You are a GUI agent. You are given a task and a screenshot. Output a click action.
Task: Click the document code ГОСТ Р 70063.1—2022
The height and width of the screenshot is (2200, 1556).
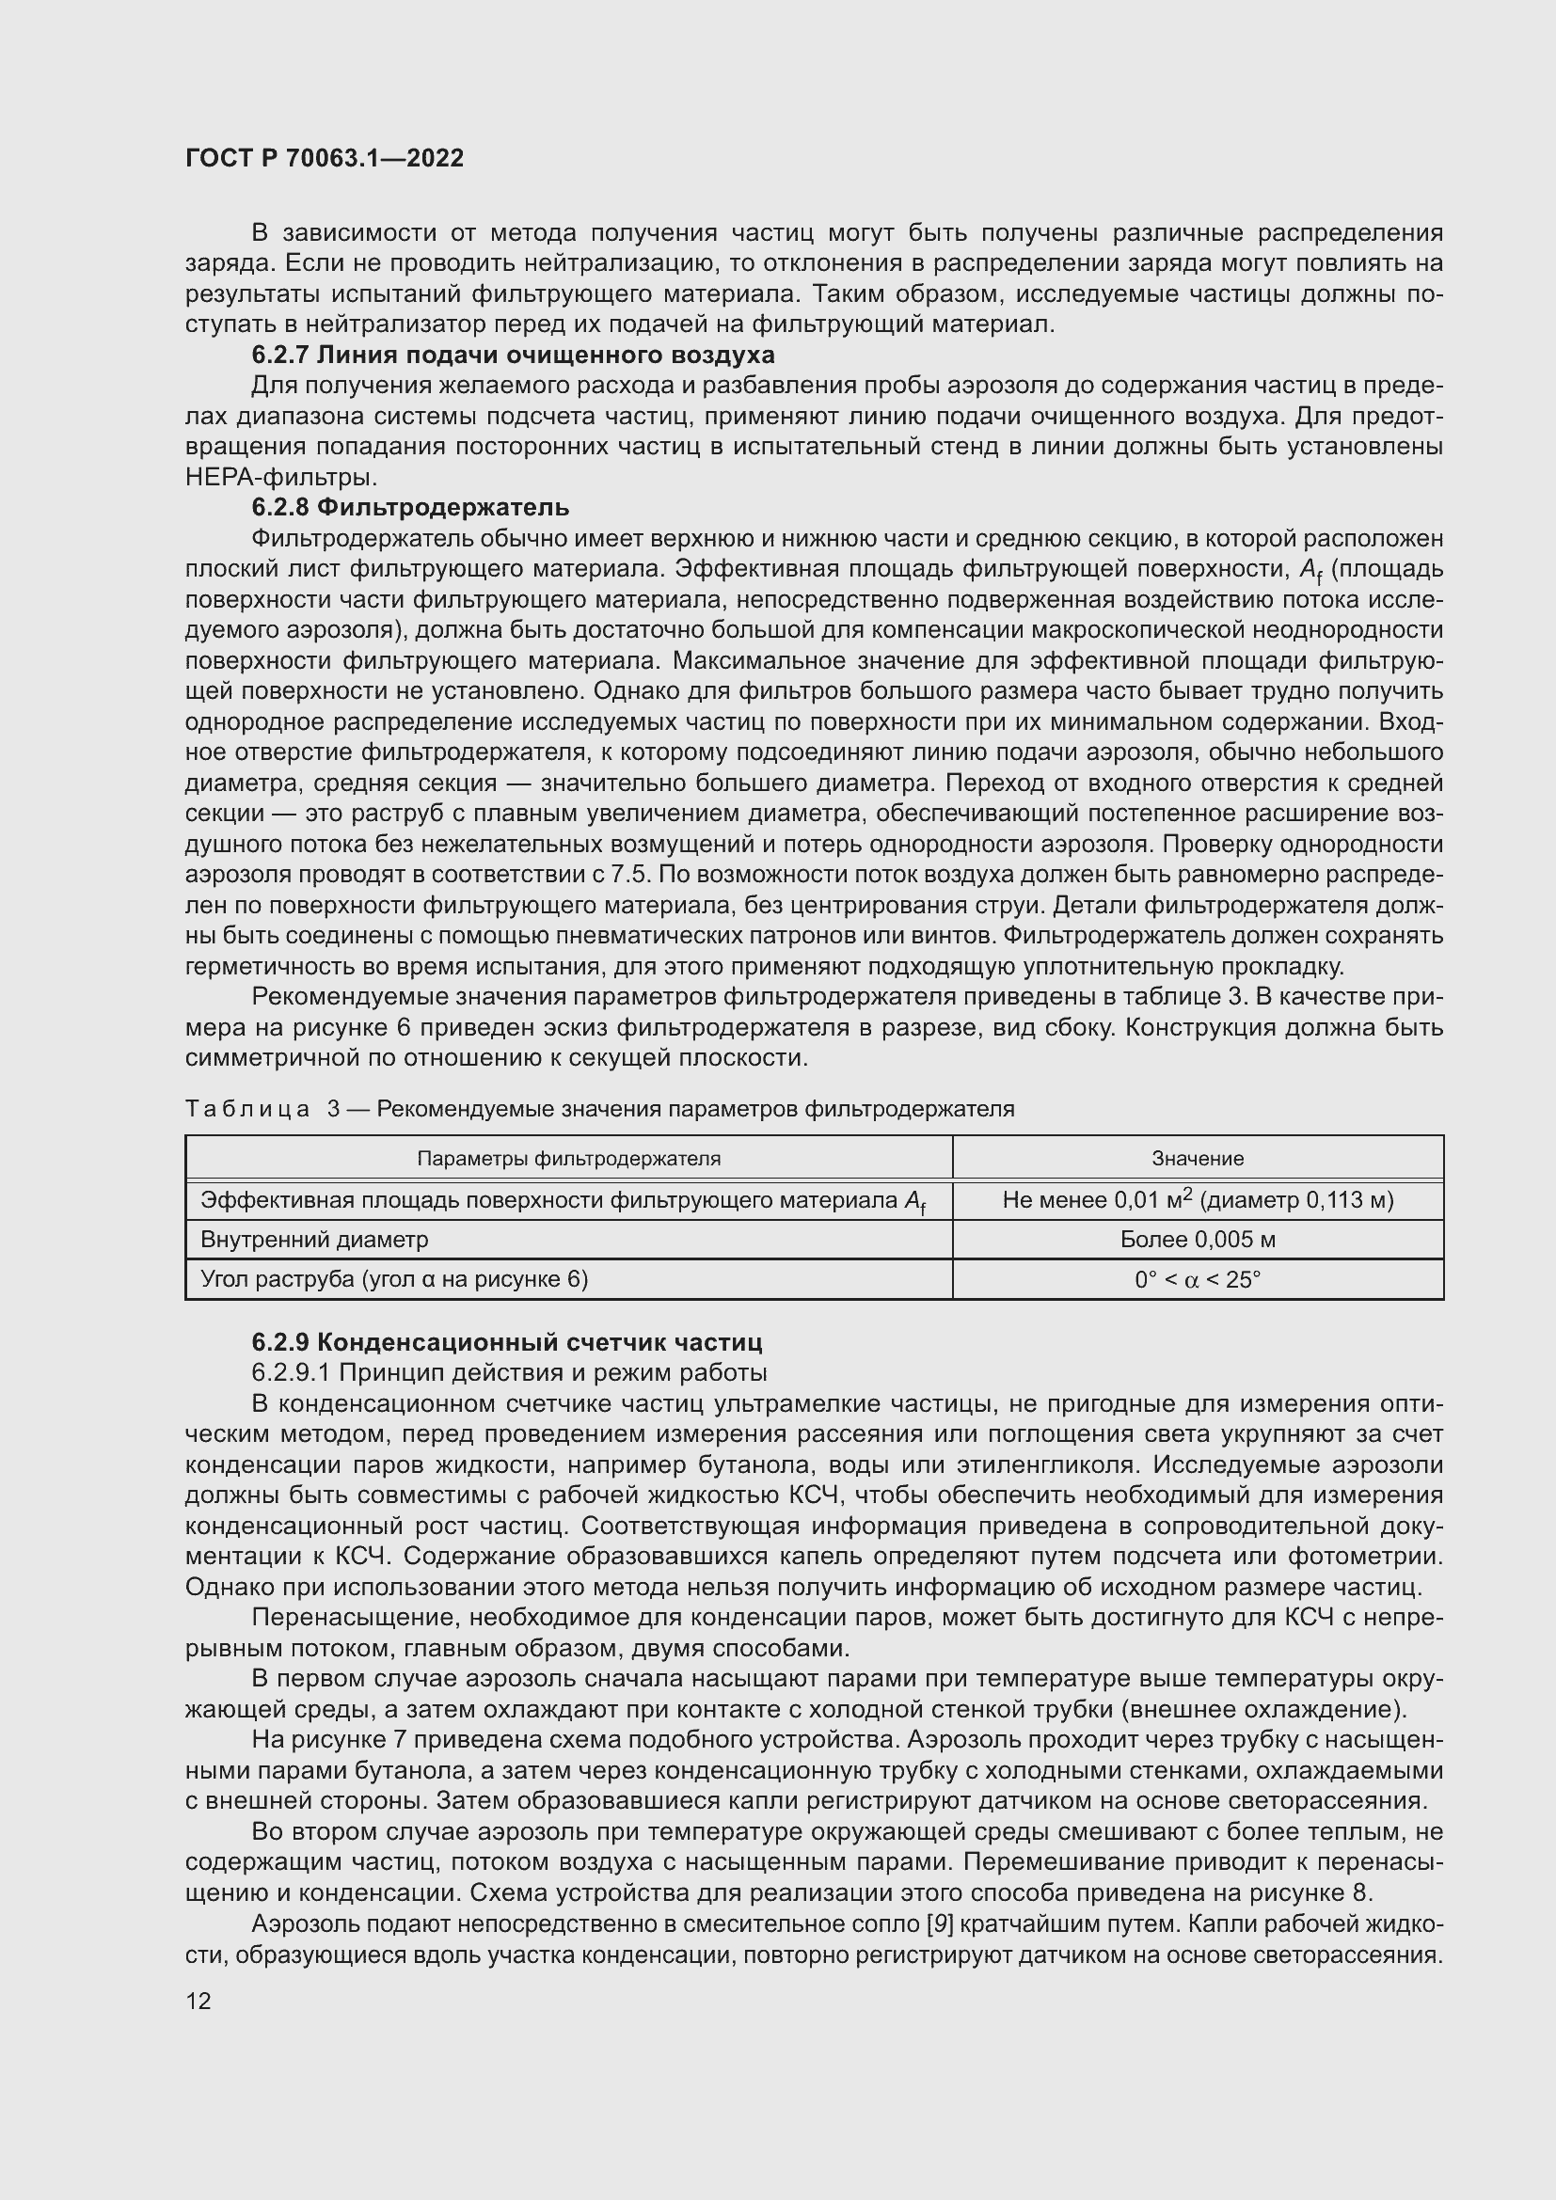324,158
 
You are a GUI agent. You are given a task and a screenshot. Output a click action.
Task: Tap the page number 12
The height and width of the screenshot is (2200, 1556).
198,2001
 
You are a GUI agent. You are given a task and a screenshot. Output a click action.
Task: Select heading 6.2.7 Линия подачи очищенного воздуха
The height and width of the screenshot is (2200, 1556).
513,356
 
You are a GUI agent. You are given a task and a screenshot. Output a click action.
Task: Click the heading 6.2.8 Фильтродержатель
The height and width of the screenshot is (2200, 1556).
410,508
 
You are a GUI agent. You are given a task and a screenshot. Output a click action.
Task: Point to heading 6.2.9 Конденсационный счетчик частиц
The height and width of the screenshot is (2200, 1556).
507,1342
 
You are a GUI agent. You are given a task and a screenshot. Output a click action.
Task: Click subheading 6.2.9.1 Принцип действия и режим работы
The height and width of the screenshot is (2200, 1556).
509,1373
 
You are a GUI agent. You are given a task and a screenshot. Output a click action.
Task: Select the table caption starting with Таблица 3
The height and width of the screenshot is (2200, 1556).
599,1110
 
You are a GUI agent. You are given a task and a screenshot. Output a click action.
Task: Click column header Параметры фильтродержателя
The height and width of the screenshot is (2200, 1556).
568,1159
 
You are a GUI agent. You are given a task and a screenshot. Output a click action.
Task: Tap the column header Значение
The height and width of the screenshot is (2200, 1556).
1197,1159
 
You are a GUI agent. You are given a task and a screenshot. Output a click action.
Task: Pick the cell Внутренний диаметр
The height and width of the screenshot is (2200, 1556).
314,1240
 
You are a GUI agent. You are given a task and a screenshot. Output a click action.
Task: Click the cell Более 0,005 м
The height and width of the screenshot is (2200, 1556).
1197,1240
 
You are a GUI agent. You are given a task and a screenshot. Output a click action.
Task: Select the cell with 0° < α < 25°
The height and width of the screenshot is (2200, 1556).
1197,1280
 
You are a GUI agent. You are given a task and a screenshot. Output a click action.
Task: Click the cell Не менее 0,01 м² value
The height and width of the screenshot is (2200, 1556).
1197,1199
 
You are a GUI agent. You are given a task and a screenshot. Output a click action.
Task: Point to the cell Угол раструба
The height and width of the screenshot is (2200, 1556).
394,1280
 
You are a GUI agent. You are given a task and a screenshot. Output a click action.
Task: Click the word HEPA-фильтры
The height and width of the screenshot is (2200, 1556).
280,477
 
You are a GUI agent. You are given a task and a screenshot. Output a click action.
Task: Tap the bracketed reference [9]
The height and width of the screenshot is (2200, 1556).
938,1924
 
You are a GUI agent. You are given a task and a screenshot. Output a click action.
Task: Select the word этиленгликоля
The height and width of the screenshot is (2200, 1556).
1047,1465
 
